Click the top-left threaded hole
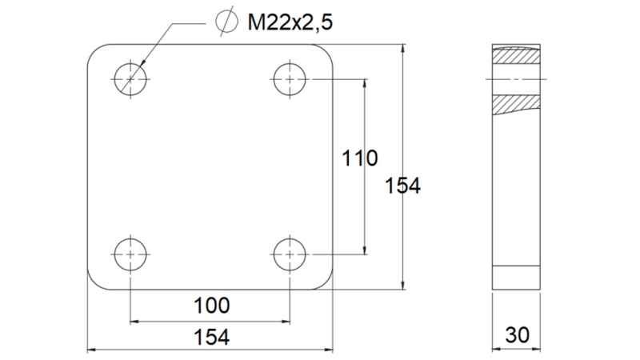[130, 78]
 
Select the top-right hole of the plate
[290, 78]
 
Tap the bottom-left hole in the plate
[130, 255]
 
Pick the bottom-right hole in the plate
[290, 255]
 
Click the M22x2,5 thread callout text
[290, 22]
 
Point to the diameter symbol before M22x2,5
[227, 22]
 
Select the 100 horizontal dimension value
[211, 305]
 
